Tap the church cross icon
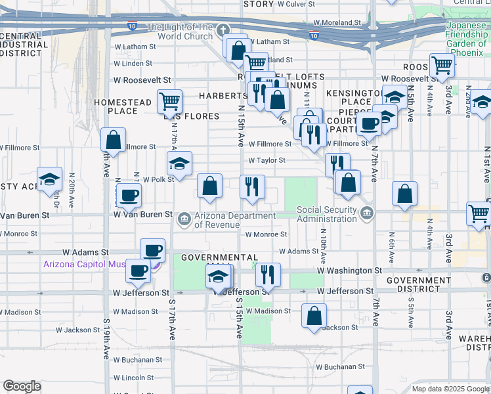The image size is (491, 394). click(x=223, y=30)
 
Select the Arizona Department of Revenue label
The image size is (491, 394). click(x=234, y=219)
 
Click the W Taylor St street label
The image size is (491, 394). click(x=267, y=160)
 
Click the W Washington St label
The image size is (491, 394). click(x=349, y=270)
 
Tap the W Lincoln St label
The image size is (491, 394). click(x=133, y=378)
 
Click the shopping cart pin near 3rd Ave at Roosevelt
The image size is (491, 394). click(x=442, y=64)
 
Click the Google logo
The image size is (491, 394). click(x=22, y=386)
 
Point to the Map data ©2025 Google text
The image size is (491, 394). click(x=450, y=389)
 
